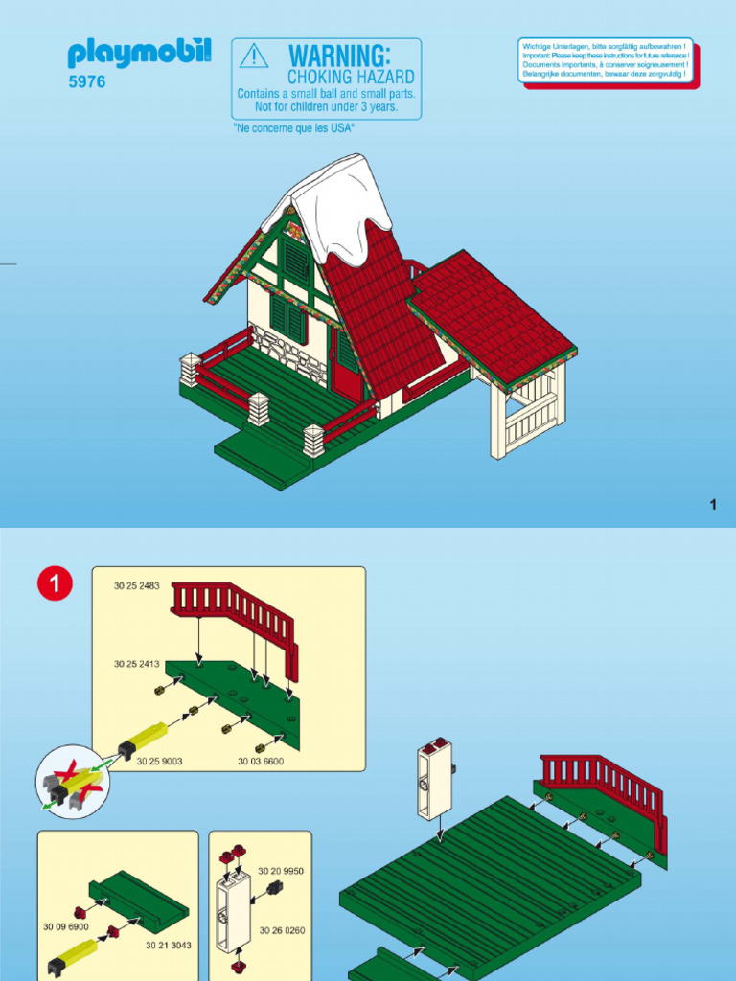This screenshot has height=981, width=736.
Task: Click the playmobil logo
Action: [139, 53]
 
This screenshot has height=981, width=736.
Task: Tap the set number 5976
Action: [86, 82]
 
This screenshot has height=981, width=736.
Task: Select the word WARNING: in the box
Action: [339, 55]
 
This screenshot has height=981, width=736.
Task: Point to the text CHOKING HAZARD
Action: [351, 77]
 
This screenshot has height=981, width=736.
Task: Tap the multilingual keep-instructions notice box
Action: [605, 60]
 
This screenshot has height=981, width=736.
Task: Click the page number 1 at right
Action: [713, 505]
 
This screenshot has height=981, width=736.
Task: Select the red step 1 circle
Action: [54, 584]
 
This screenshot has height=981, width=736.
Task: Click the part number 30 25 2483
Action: [137, 586]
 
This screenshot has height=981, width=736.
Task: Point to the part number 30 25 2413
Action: [137, 663]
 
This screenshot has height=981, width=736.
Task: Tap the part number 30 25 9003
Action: [159, 762]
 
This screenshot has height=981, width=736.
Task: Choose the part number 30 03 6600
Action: [261, 762]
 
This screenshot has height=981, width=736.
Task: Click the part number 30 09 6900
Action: [65, 927]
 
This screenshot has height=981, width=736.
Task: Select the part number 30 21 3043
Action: [169, 945]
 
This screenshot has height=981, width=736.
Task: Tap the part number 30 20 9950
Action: [281, 871]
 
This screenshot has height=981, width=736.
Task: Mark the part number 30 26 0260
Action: [282, 930]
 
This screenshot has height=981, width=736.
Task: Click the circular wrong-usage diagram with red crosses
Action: [73, 782]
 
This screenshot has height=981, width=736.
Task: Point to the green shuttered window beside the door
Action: [288, 319]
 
